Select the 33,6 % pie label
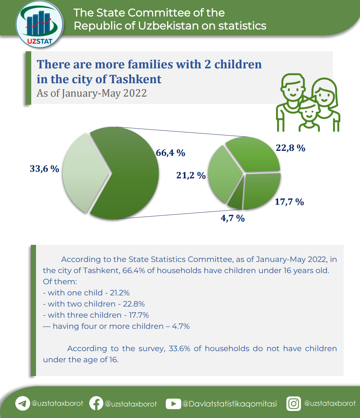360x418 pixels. [44, 169]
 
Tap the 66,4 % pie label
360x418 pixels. [171, 153]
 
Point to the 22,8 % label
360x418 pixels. [291, 148]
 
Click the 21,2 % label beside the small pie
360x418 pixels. [191, 175]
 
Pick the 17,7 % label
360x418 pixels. [289, 202]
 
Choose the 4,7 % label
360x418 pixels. [233, 218]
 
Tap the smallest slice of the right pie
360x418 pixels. [235, 201]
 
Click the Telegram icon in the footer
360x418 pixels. [22, 404]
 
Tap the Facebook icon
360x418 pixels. [96, 404]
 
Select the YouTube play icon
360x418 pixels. [173, 404]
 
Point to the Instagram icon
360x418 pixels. [293, 404]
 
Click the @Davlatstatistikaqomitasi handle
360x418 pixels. [230, 404]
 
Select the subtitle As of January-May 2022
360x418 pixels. [92, 93]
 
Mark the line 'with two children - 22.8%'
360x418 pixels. [94, 304]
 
